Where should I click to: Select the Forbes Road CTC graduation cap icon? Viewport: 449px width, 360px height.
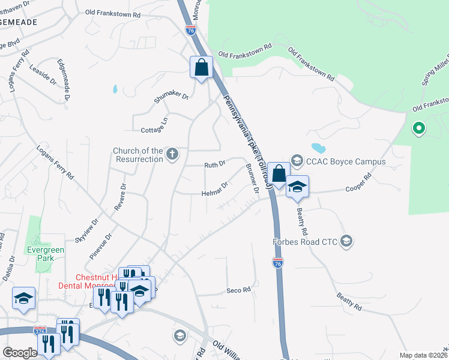click(x=346, y=241)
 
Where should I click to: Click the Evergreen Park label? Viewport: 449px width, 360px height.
click(x=39, y=254)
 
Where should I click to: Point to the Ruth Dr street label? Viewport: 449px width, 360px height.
click(x=214, y=164)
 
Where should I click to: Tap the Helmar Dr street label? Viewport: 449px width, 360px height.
click(x=214, y=190)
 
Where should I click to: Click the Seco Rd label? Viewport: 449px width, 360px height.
click(x=238, y=290)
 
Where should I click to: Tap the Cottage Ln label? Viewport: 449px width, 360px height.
click(x=154, y=124)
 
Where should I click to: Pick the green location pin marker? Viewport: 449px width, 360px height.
click(x=419, y=128)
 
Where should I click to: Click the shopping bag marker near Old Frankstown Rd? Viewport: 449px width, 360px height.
click(x=202, y=67)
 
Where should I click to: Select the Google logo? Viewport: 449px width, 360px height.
click(x=20, y=353)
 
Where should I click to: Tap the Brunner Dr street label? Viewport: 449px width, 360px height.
click(x=252, y=178)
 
